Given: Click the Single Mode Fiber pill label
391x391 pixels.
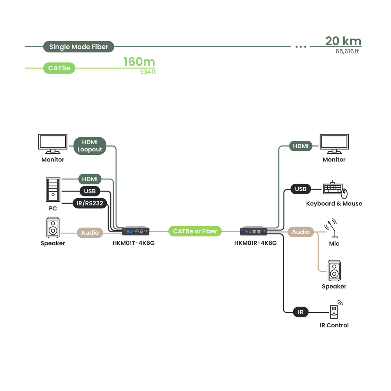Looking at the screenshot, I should [x=79, y=47].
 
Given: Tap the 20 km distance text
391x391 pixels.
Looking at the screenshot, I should [x=343, y=41].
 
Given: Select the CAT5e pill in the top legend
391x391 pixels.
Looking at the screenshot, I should [x=59, y=68].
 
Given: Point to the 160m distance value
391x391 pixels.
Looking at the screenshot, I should [x=139, y=62].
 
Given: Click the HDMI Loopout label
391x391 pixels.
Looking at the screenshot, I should [x=90, y=146].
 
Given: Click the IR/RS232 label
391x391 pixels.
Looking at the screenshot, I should [x=90, y=203].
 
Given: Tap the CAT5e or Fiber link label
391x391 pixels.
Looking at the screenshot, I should [x=195, y=231].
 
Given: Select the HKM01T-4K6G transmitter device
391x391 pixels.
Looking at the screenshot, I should [x=136, y=231].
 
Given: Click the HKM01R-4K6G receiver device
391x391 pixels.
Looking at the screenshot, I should [x=253, y=231].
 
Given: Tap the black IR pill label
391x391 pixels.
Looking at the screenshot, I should [x=301, y=312].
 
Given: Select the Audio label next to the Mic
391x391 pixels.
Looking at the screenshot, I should [x=301, y=232].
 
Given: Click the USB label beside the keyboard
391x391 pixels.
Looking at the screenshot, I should [x=301, y=189].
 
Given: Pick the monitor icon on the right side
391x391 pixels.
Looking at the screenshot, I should [x=334, y=144].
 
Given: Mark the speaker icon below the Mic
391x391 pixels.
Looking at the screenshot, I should [x=334, y=270].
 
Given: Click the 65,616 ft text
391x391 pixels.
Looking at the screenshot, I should [x=347, y=51].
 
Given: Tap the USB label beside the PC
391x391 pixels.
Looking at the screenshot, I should [x=90, y=191].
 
